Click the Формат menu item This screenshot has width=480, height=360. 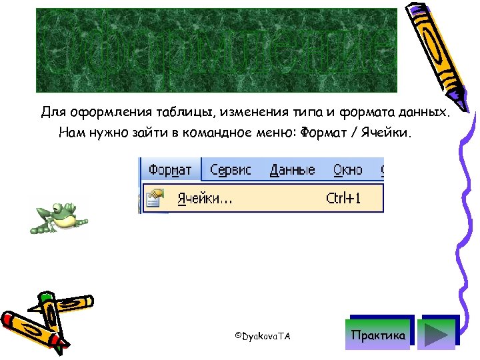pyautogui.click(x=170, y=170)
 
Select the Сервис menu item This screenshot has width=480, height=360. pyautogui.click(x=231, y=170)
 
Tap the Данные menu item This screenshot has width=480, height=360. pyautogui.click(x=292, y=170)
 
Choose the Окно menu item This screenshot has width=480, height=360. pyautogui.click(x=347, y=170)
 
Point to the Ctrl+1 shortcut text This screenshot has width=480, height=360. pyautogui.click(x=343, y=198)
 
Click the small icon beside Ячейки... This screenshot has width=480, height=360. pyautogui.click(x=154, y=198)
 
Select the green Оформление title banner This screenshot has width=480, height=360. pyautogui.click(x=216, y=51)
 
